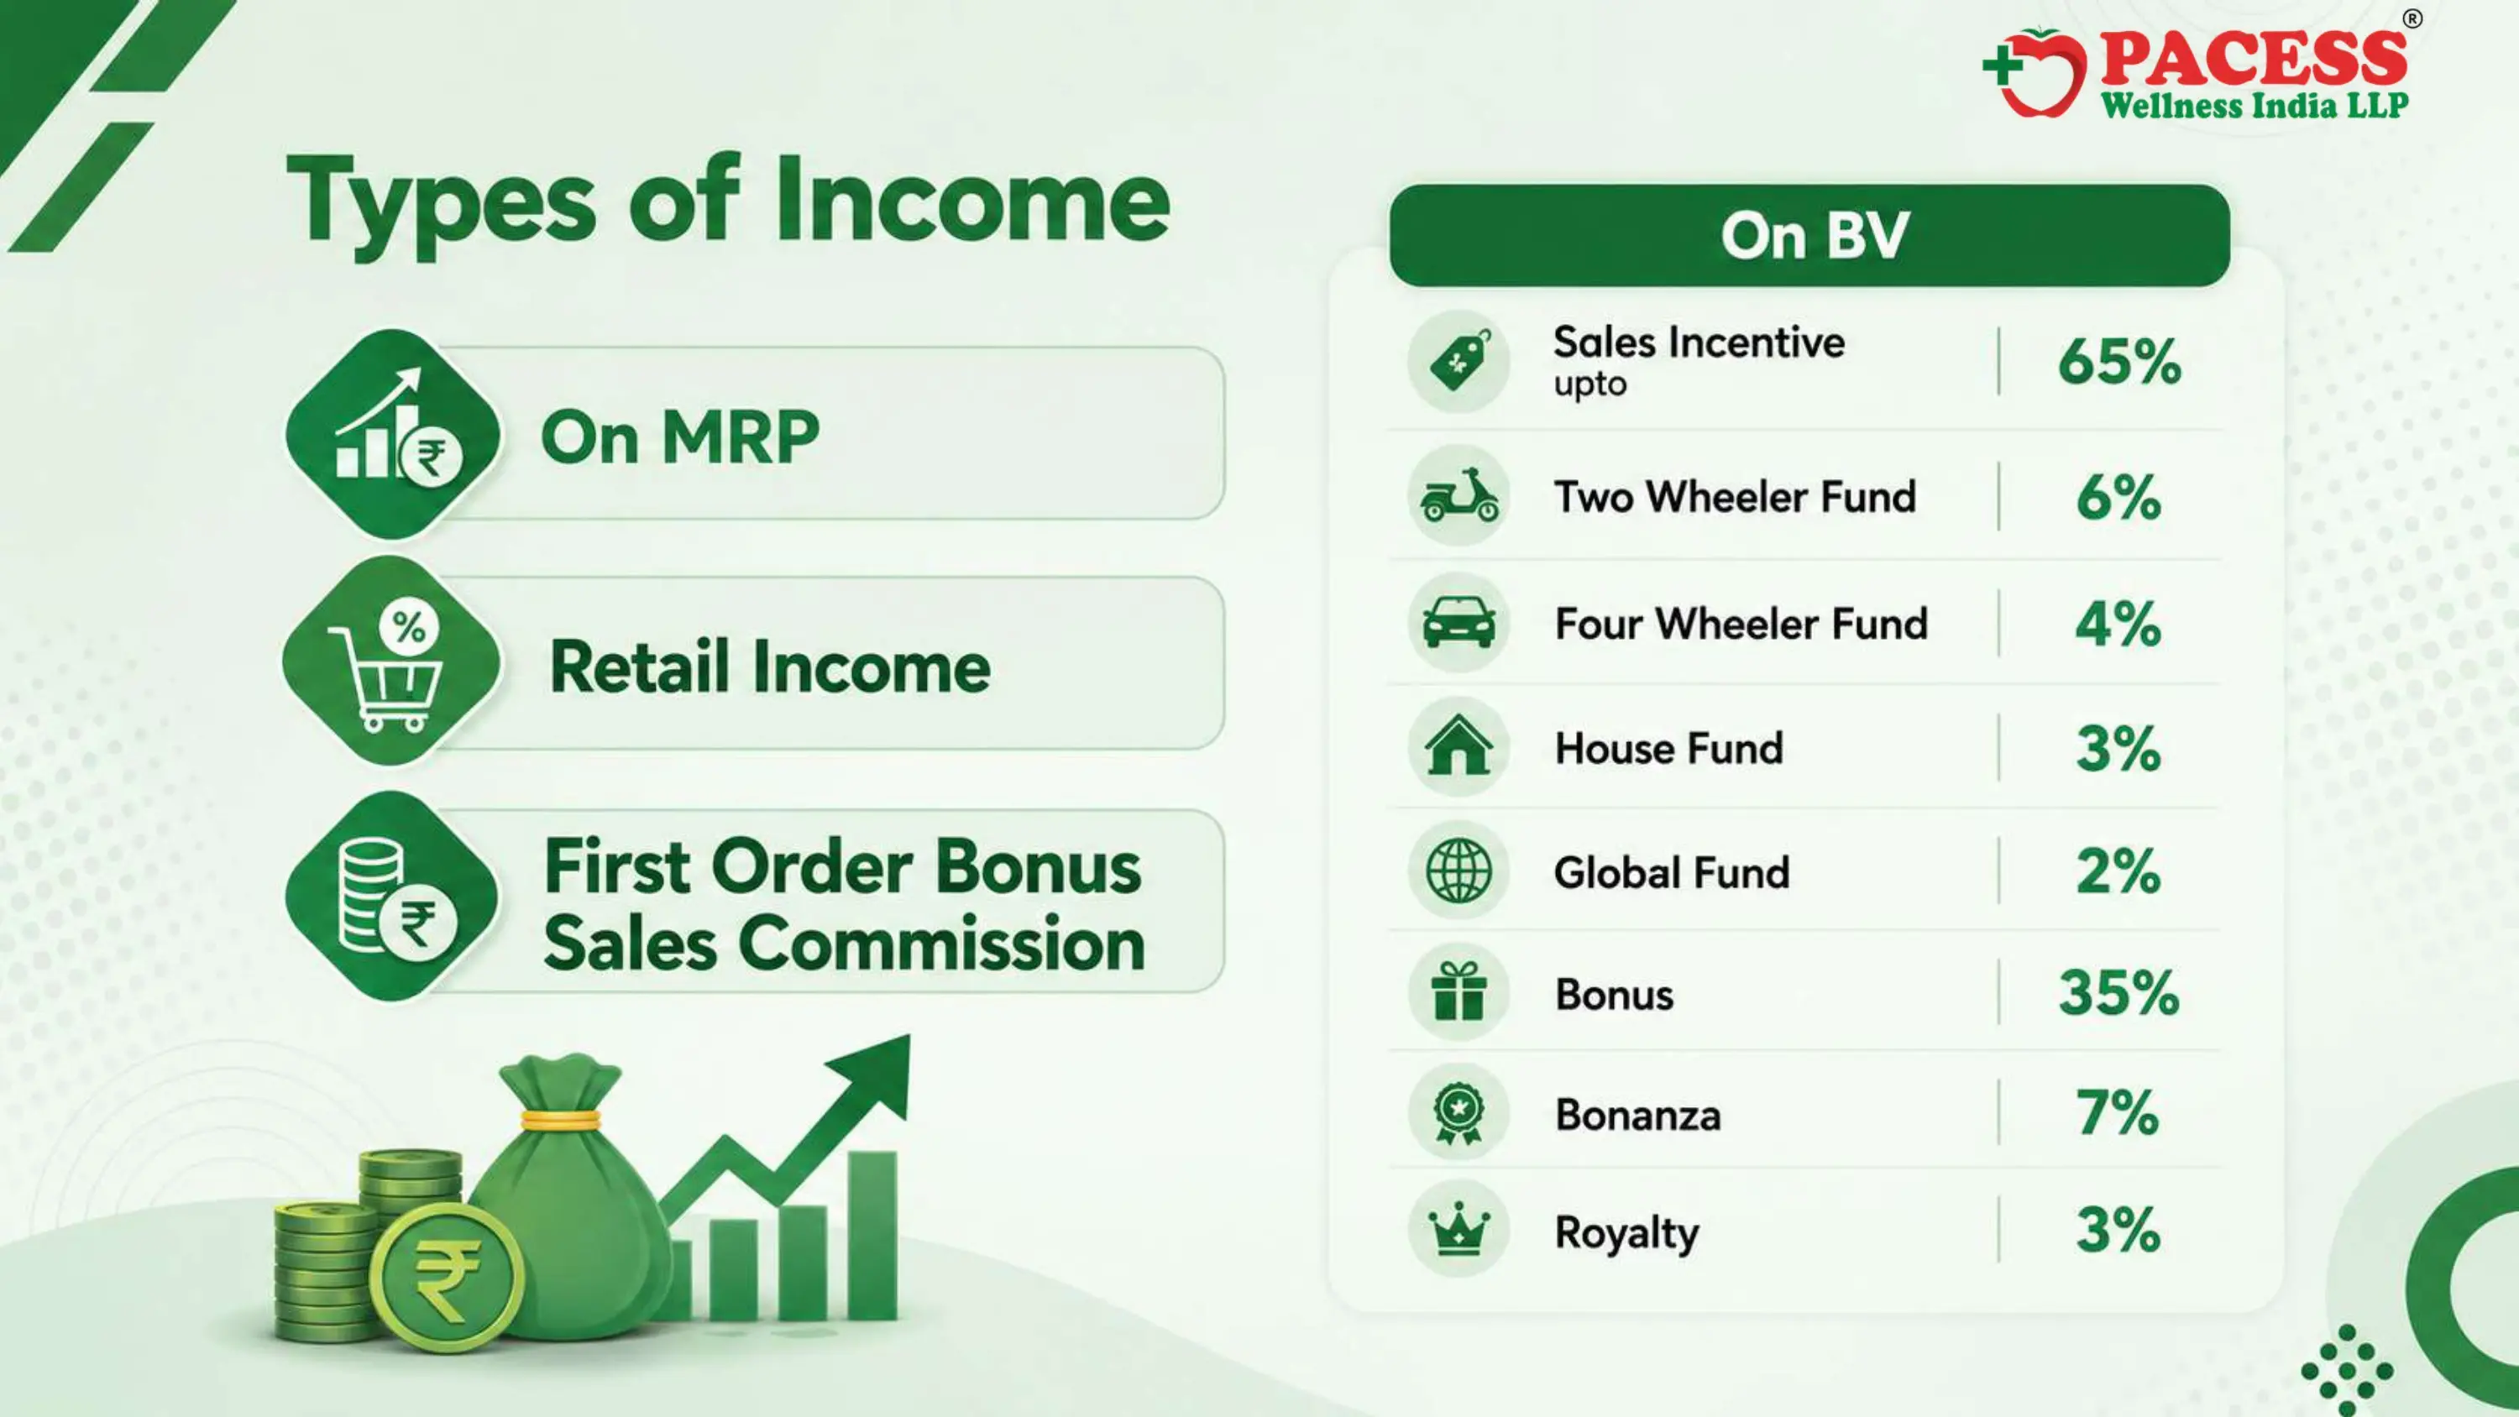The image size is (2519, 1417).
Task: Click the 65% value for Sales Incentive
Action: [x=2119, y=362]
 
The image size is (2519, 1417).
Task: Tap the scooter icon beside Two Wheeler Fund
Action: [x=1459, y=496]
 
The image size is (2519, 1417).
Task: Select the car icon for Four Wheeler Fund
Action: [x=1459, y=622]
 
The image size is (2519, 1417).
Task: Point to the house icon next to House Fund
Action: [x=1459, y=745]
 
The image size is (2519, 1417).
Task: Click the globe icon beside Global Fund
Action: [x=1459, y=871]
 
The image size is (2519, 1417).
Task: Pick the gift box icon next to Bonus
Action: [x=1459, y=991]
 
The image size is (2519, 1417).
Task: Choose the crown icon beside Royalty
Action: [x=1459, y=1229]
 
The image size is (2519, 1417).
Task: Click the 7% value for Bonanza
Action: [x=2118, y=1113]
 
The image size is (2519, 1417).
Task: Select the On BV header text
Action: [x=1815, y=236]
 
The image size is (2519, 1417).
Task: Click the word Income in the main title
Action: [x=973, y=202]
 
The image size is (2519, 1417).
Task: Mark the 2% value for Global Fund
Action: [x=2118, y=871]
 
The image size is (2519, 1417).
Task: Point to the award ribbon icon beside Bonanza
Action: [x=1459, y=1113]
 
